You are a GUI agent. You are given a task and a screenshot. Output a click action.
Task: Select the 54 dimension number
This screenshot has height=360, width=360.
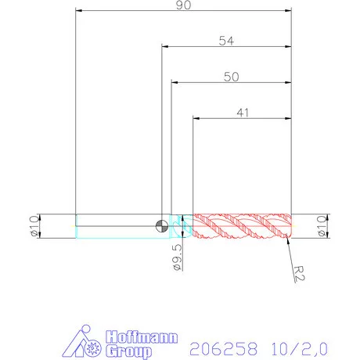pos(227,41)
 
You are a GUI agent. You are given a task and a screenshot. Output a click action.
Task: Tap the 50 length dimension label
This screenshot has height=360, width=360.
pos(231,77)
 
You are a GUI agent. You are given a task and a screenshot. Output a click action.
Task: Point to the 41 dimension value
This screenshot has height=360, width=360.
pos(243,113)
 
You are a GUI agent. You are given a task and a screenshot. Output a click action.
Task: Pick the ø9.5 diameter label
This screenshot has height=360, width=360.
pos(178,257)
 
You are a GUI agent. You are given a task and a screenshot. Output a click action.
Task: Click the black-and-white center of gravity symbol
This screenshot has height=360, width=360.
pos(161,225)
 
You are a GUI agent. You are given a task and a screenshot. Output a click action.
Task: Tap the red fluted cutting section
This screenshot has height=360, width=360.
pos(241,225)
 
